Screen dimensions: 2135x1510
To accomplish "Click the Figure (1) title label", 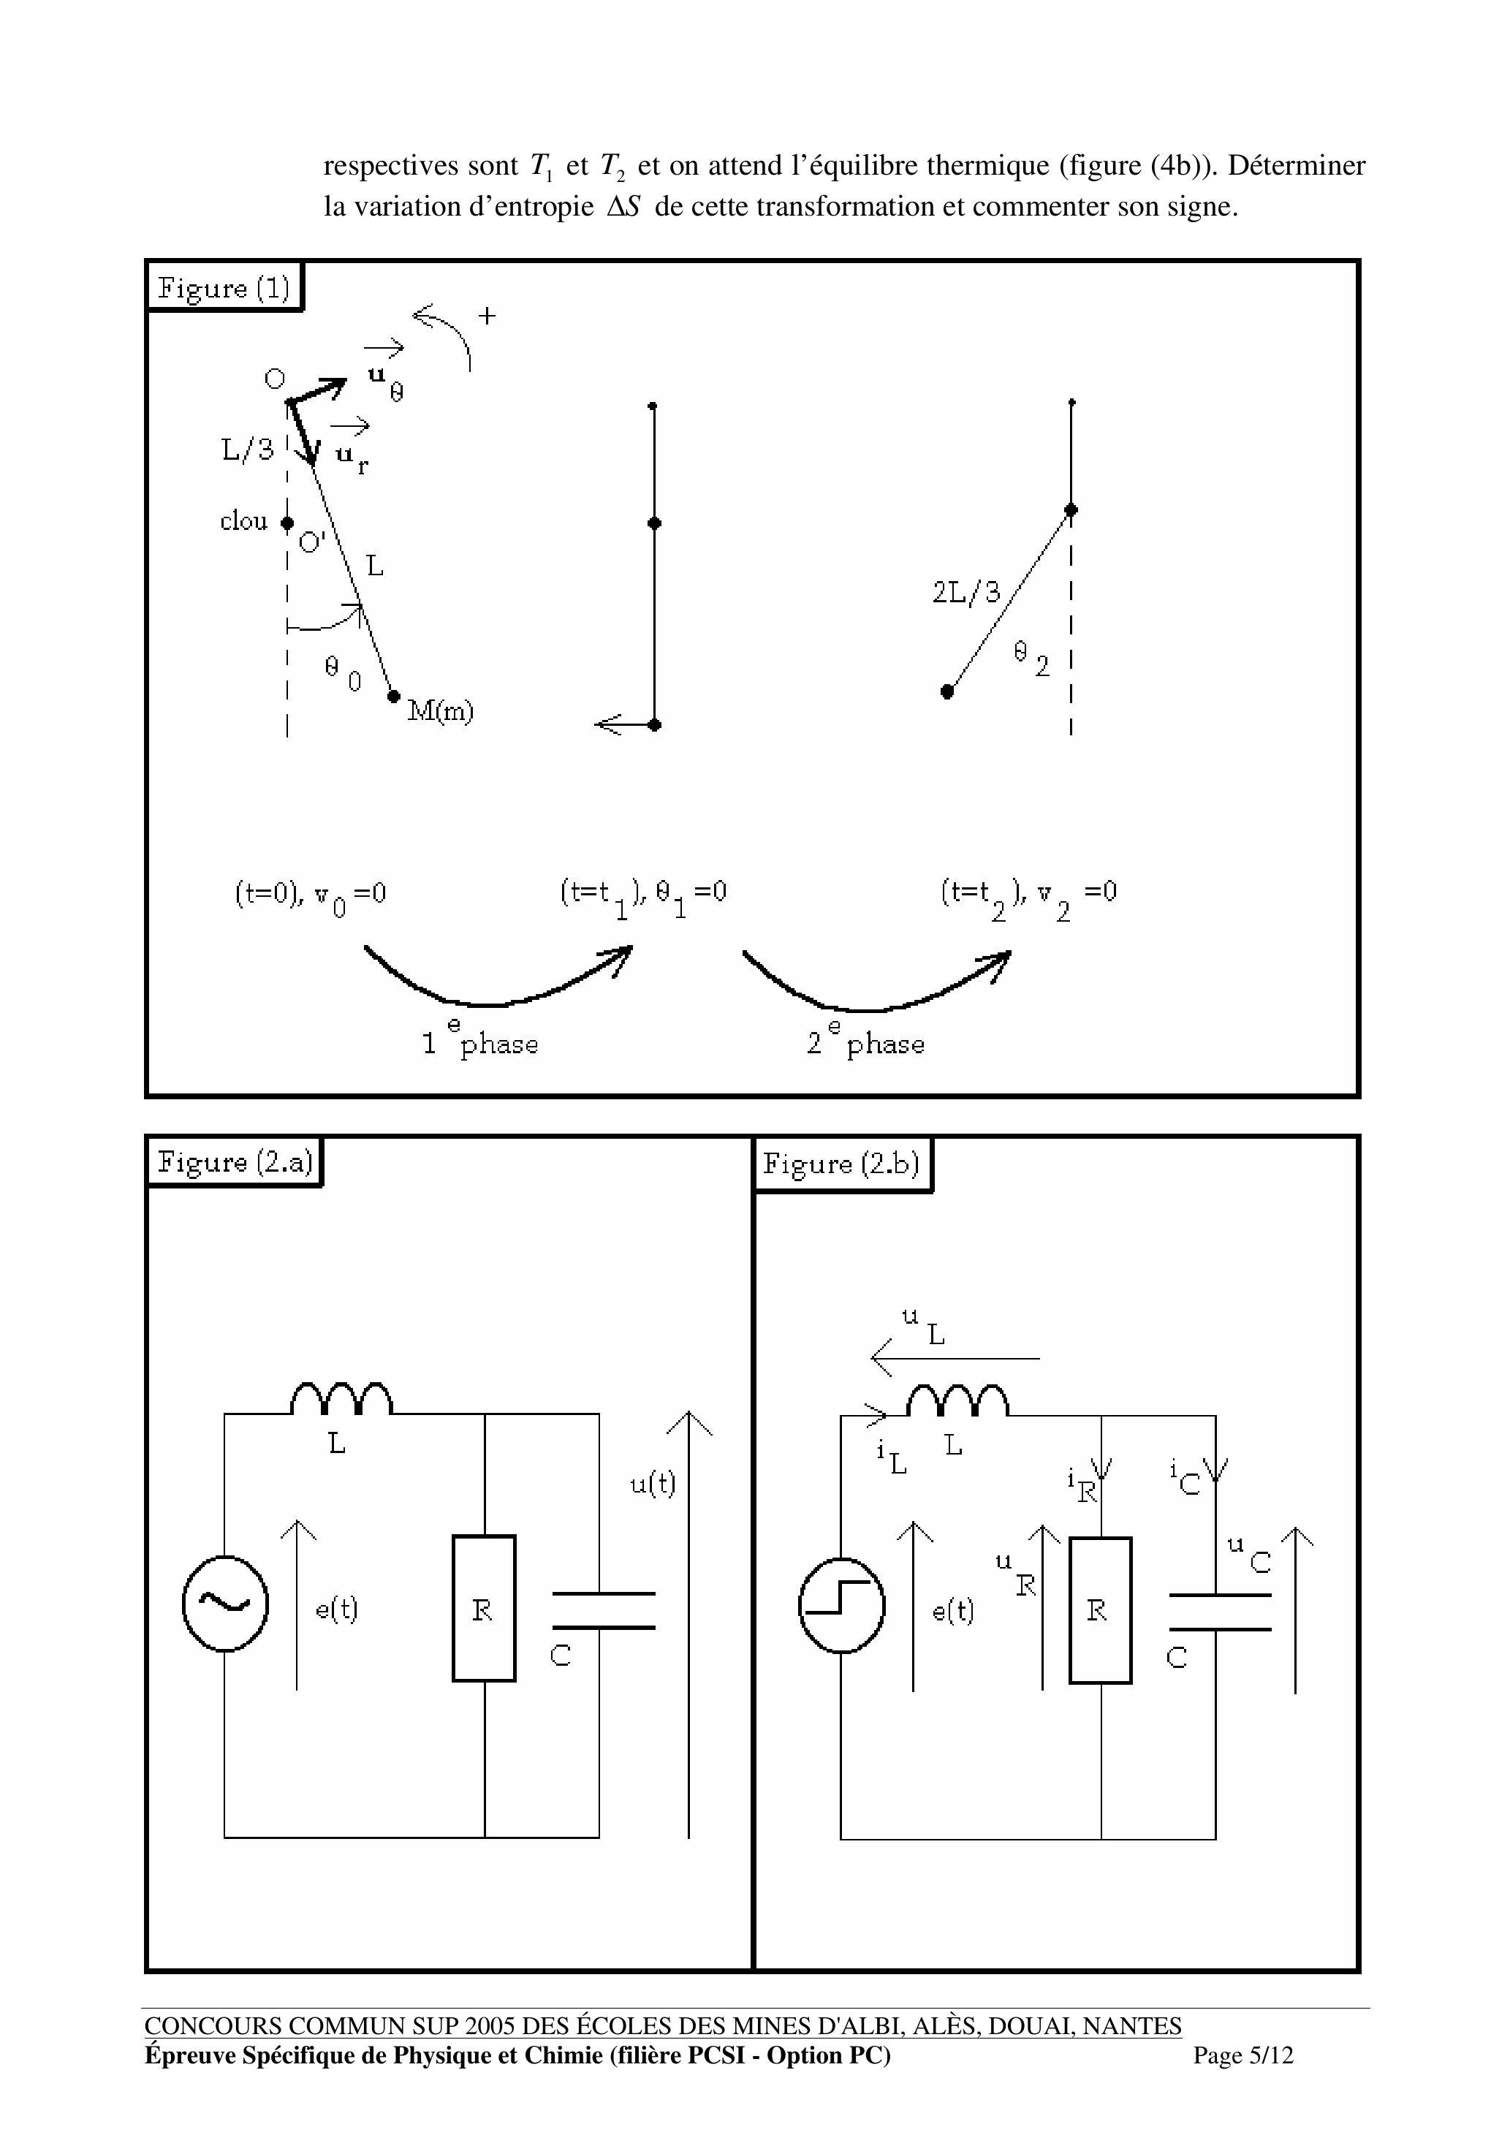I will (224, 287).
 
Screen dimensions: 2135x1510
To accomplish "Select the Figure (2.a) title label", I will (235, 1161).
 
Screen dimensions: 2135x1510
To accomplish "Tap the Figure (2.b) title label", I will (841, 1164).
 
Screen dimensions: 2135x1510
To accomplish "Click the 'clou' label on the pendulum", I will (243, 522).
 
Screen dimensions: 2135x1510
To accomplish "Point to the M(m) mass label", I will (441, 711).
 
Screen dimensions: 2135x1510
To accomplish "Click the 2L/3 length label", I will (966, 592).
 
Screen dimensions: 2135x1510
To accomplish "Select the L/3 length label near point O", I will (247, 450).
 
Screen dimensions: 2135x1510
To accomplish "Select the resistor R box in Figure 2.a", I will (484, 1609).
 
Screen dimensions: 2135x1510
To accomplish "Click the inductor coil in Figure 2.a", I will (341, 1400).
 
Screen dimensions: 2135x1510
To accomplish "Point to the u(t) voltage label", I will (653, 1483).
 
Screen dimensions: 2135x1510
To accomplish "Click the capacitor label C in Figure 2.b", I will (1177, 1658).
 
